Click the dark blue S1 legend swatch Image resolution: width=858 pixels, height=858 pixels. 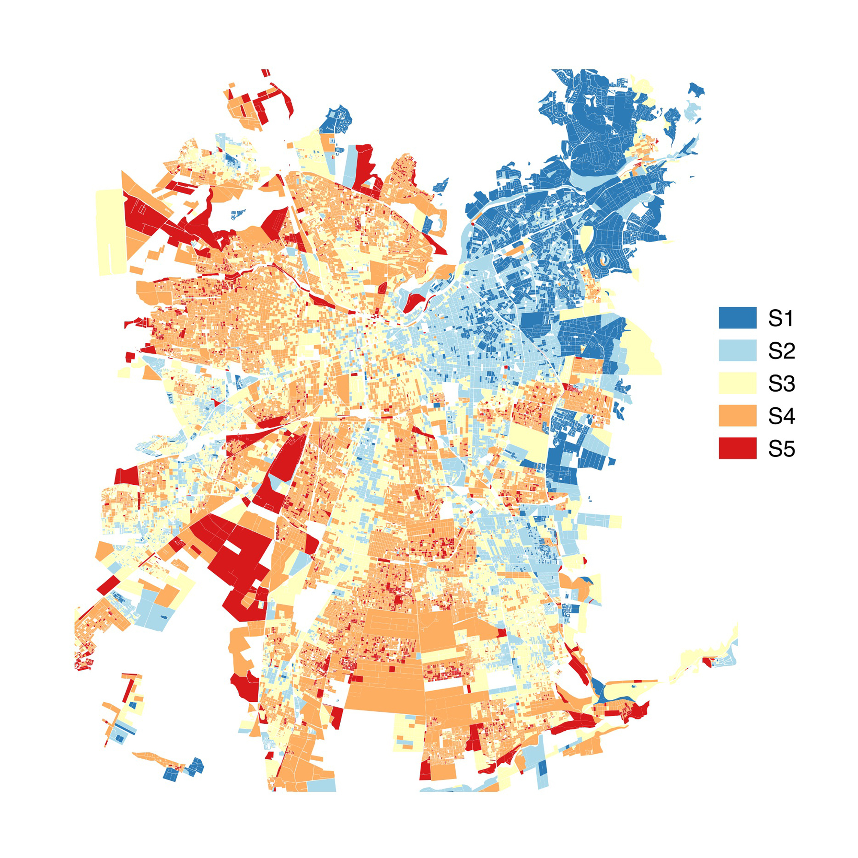[737, 317]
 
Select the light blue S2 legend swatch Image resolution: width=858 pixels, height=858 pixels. [737, 350]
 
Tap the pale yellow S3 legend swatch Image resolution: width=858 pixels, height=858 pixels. [737, 383]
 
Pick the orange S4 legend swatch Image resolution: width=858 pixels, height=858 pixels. [737, 415]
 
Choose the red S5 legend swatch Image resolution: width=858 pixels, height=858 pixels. [737, 448]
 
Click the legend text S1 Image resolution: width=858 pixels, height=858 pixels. [780, 318]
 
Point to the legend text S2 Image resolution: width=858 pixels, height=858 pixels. [781, 351]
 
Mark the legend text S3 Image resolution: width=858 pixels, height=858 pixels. [781, 383]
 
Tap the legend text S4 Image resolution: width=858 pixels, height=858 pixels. [781, 416]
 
